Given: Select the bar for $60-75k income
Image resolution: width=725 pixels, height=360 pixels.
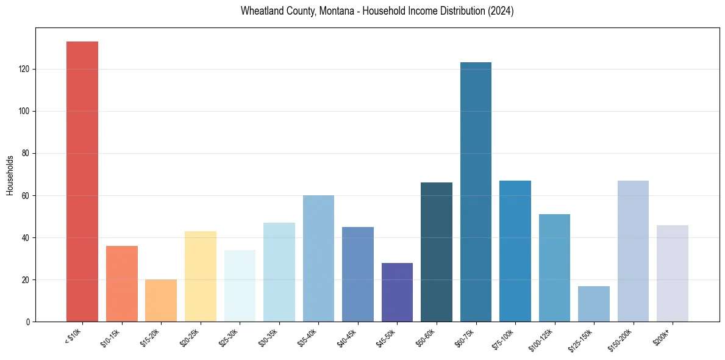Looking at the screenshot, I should [x=476, y=192].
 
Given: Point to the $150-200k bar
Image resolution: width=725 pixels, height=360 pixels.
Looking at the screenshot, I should [x=633, y=251].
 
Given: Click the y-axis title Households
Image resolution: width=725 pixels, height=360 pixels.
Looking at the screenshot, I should [x=10, y=175].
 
